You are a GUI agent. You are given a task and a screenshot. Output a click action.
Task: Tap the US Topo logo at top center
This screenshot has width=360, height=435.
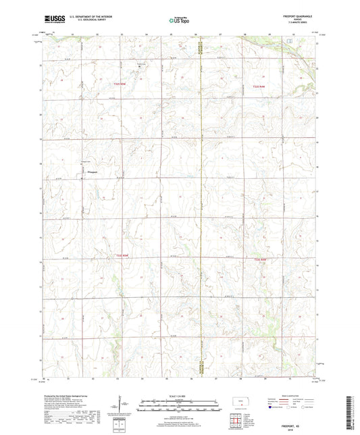tap(180, 21)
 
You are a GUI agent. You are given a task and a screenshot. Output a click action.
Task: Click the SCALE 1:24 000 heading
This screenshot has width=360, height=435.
tap(180, 395)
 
